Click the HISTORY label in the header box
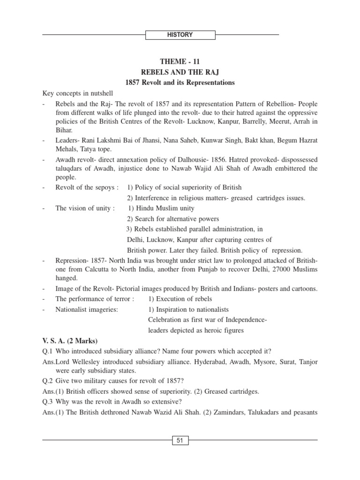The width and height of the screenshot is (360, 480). [x=180, y=35]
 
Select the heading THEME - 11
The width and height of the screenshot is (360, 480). [x=180, y=61]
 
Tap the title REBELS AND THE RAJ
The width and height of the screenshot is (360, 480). [x=180, y=72]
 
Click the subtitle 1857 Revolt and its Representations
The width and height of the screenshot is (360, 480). [x=180, y=82]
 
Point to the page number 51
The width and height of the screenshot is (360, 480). [x=180, y=440]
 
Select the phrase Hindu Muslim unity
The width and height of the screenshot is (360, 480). [x=165, y=208]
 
